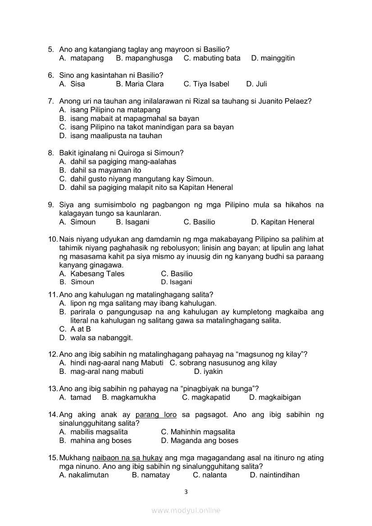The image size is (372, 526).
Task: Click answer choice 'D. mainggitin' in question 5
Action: [273, 58]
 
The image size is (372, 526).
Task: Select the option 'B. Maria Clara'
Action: [140, 84]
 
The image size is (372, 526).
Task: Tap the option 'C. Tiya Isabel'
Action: [206, 84]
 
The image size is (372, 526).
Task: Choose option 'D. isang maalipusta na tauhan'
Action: [110, 135]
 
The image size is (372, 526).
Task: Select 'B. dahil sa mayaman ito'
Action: [100, 170]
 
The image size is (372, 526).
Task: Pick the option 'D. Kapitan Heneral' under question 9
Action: [282, 222]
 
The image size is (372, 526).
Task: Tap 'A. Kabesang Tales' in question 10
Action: [92, 274]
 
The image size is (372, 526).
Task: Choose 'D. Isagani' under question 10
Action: [176, 282]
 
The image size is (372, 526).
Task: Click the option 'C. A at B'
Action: [75, 329]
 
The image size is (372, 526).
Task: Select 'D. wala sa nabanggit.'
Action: [96, 337]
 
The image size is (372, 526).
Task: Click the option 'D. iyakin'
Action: [208, 371]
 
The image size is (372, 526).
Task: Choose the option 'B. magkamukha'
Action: [129, 397]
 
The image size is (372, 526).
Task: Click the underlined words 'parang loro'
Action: [156, 414]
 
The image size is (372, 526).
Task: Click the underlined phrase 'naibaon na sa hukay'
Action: [127, 458]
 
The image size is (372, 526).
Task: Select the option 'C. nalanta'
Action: [209, 475]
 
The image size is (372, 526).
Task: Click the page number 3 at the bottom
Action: [186, 492]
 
